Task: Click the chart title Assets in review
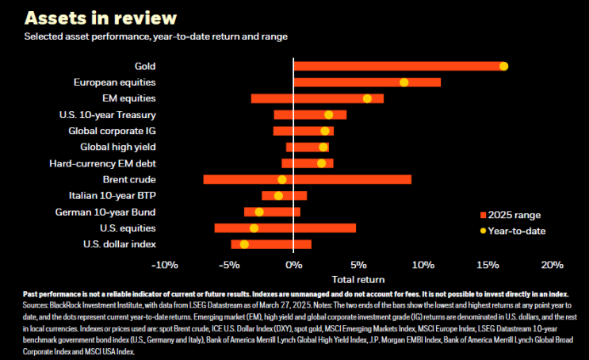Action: tap(101, 17)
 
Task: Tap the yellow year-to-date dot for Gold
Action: tap(503, 67)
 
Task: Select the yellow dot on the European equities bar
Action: tap(404, 82)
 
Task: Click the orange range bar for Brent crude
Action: tap(349, 179)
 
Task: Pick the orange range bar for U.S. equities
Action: tap(317, 228)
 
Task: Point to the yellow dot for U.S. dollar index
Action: tap(244, 244)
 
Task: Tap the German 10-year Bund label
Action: tap(105, 212)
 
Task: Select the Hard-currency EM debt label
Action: tap(103, 163)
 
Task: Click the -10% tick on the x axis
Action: tap(164, 265)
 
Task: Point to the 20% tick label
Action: tap(552, 265)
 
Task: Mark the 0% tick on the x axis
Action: tap(293, 265)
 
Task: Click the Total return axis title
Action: tap(358, 279)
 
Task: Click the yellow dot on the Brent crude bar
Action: tap(282, 179)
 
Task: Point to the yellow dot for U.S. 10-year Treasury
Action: tap(329, 115)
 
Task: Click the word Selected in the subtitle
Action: tap(45, 36)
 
